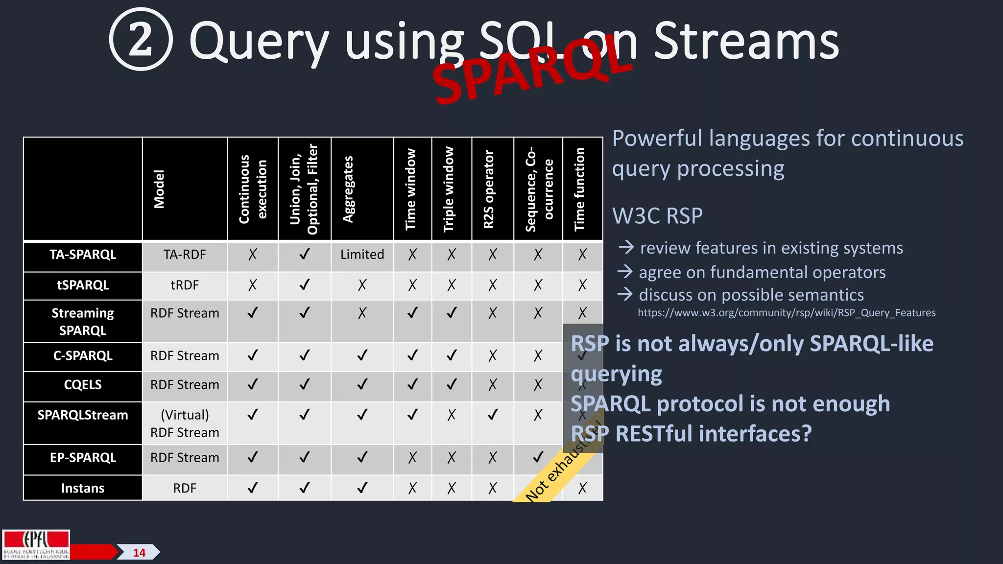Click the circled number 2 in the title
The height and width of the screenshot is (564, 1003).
(x=141, y=40)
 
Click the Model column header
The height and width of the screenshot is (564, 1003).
(x=159, y=189)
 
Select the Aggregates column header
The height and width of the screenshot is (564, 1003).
(x=348, y=189)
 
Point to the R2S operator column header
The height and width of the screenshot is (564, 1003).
(x=489, y=189)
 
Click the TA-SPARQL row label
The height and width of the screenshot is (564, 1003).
(x=83, y=255)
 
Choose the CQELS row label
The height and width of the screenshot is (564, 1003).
(x=83, y=385)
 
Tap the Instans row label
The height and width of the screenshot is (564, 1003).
(x=83, y=488)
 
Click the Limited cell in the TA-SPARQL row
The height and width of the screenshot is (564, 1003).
(x=362, y=255)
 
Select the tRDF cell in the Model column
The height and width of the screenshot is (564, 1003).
(x=185, y=285)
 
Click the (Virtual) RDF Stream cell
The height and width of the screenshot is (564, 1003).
(x=185, y=423)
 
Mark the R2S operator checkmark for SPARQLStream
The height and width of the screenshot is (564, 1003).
(x=492, y=415)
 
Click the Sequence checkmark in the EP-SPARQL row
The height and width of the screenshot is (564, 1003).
(x=538, y=457)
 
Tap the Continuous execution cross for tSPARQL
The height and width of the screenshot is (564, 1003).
(x=252, y=285)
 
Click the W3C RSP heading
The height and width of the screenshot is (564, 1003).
(x=657, y=216)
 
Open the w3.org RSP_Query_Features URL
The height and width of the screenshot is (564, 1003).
(x=786, y=313)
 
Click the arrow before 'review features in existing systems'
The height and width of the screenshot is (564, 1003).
(x=626, y=247)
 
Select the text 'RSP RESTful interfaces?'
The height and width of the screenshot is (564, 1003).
(x=691, y=434)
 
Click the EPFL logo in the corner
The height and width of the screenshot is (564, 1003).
(x=36, y=544)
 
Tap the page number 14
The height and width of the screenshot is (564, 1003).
(x=139, y=553)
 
